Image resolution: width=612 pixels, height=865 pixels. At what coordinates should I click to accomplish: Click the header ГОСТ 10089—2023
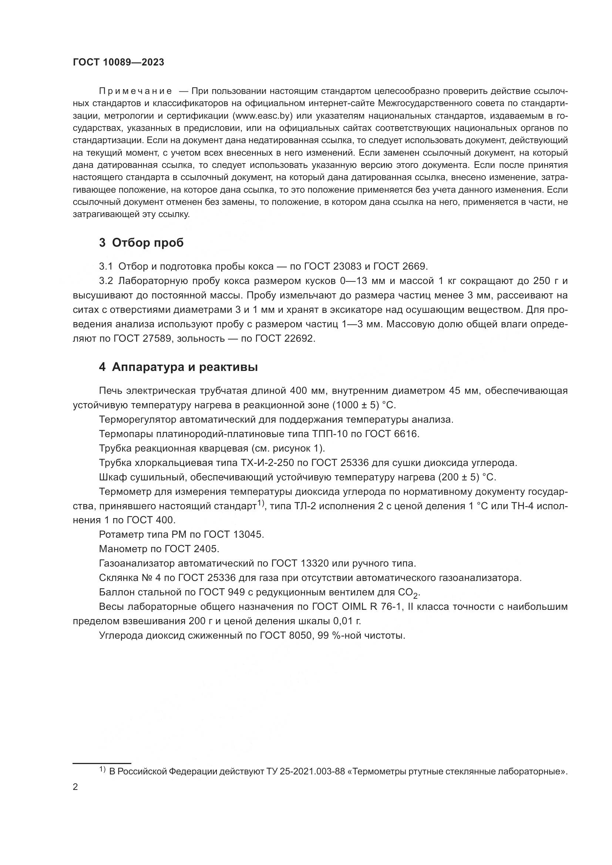118,62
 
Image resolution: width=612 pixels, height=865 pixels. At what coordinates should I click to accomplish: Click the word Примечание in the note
135,91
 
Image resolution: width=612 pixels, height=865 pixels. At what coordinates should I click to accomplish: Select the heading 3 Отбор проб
141,243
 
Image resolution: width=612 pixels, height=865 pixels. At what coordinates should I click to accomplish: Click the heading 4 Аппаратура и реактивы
179,367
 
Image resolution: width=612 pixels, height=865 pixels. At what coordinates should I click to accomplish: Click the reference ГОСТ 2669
400,266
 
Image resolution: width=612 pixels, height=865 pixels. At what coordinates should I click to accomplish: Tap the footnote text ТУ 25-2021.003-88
306,772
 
